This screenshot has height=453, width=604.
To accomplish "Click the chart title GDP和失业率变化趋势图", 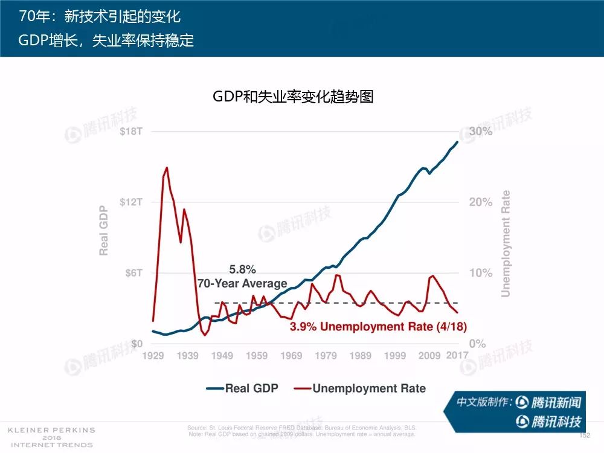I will [x=293, y=97].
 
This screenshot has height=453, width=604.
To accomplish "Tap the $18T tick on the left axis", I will [x=130, y=132].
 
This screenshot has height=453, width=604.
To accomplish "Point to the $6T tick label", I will [x=133, y=273].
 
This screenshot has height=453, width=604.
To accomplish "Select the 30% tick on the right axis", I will [x=481, y=132].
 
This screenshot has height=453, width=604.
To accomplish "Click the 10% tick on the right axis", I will [x=481, y=273].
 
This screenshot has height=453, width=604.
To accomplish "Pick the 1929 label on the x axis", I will [x=153, y=356].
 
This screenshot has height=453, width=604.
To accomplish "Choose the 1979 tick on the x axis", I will [x=326, y=356].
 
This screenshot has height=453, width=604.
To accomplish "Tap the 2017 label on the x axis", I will [x=457, y=356].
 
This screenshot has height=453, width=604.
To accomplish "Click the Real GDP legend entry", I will [x=242, y=388].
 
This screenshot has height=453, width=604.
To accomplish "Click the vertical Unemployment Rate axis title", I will [x=506, y=244].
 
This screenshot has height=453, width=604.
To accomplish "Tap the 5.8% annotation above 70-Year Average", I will [x=242, y=270].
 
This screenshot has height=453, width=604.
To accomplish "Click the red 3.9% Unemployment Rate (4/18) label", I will [x=378, y=327].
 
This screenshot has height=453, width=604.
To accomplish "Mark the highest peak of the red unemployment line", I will [x=166, y=168].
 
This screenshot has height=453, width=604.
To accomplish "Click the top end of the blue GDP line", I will [x=457, y=142].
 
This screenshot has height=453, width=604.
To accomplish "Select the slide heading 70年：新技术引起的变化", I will [x=100, y=16].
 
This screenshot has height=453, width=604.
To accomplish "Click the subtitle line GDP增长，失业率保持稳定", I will [x=106, y=41].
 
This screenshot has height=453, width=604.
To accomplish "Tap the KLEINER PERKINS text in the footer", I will [x=51, y=430].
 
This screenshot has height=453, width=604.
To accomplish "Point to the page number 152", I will [x=584, y=435].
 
